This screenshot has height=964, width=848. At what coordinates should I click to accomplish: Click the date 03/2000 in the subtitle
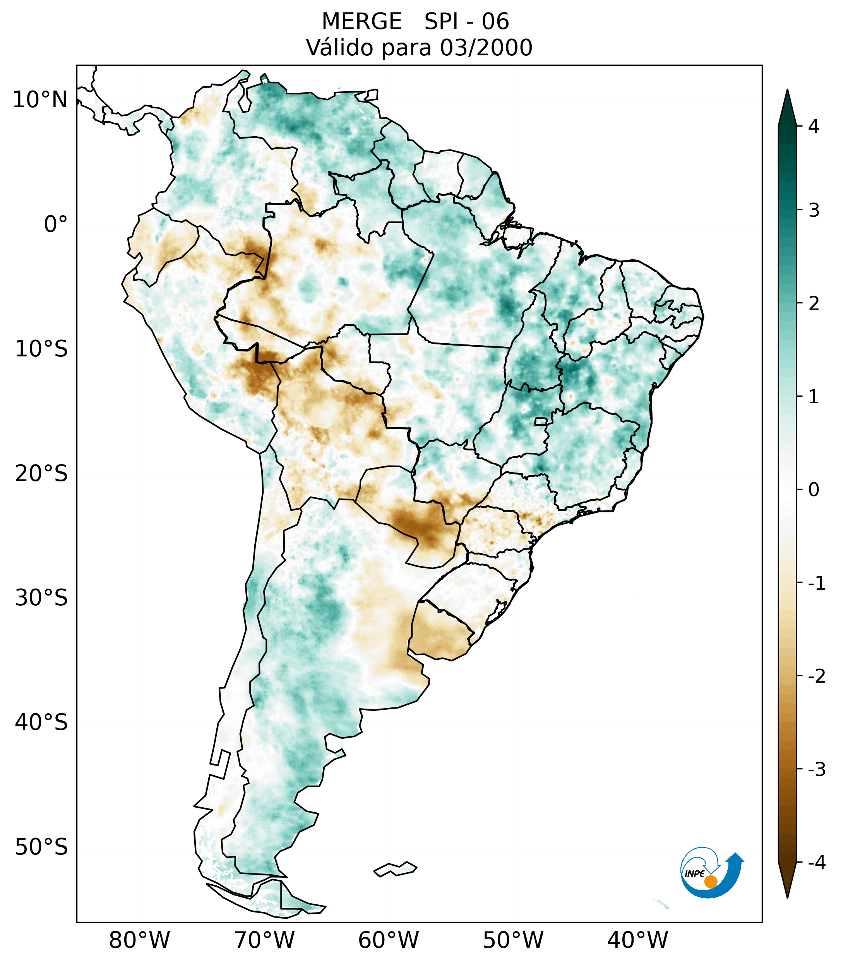(x=486, y=48)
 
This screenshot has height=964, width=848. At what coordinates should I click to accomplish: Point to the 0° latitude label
(x=56, y=224)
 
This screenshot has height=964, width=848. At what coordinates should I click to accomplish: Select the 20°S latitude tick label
(x=41, y=474)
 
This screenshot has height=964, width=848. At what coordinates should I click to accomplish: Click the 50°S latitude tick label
(x=41, y=847)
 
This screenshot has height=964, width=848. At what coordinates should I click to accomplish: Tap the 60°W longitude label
(x=388, y=940)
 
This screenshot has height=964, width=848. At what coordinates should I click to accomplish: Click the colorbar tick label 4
(x=814, y=127)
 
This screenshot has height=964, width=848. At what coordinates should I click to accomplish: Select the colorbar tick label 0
(x=814, y=490)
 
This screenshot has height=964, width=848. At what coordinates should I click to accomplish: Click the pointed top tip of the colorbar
(x=787, y=91)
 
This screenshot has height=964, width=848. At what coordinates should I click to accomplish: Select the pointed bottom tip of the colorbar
(x=787, y=897)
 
